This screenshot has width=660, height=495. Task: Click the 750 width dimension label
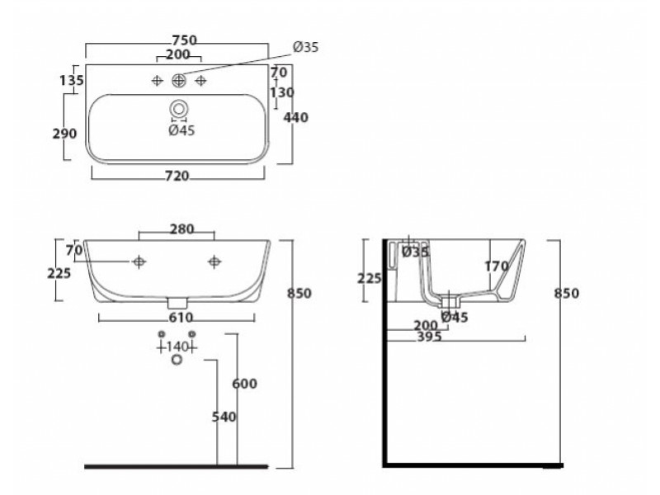tap(184, 40)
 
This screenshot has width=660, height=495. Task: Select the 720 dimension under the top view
tap(177, 176)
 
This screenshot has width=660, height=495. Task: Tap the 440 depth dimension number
tap(295, 117)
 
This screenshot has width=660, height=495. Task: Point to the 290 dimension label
tap(65, 134)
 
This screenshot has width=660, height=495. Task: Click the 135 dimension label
tap(72, 80)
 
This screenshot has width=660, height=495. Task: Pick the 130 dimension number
tap(282, 92)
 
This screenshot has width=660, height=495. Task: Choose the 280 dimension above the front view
tap(181, 229)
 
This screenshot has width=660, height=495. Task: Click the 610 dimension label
tap(181, 318)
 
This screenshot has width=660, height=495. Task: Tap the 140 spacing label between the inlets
tap(177, 346)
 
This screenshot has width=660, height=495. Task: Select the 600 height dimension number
tap(244, 384)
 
